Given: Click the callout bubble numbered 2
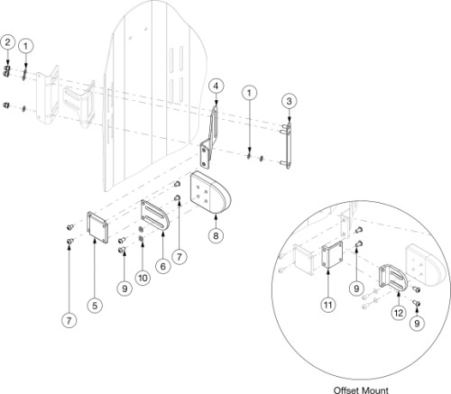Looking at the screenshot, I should [x=8, y=41].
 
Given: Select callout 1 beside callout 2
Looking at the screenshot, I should [x=26, y=43].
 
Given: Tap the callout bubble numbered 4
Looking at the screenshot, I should [x=216, y=86].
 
